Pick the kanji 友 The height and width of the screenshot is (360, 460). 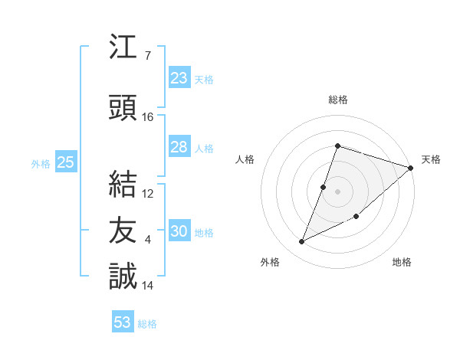tap(123, 228)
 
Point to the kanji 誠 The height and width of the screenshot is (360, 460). tap(123, 276)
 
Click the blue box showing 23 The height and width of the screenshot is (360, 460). tap(179, 78)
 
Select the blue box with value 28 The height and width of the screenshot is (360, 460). tap(179, 147)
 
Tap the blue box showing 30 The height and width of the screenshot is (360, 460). tap(179, 231)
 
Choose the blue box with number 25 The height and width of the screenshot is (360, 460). tap(65, 162)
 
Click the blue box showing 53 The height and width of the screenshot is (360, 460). tap(123, 322)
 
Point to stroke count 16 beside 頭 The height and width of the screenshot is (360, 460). tap(148, 117)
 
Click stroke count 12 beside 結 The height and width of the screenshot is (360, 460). tap(148, 194)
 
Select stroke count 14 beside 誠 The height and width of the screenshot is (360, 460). tap(148, 286)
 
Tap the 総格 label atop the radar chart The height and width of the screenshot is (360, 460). tap(337, 100)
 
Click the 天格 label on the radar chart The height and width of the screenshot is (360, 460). tap(431, 159)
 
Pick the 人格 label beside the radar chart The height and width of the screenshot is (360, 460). tap(245, 159)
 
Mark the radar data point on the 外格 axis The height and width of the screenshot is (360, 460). tap(302, 242)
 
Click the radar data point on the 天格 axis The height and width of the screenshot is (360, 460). tap(411, 168)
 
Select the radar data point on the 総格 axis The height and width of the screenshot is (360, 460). tap(337, 146)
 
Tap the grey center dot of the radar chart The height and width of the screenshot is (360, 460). tap(337, 191)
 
